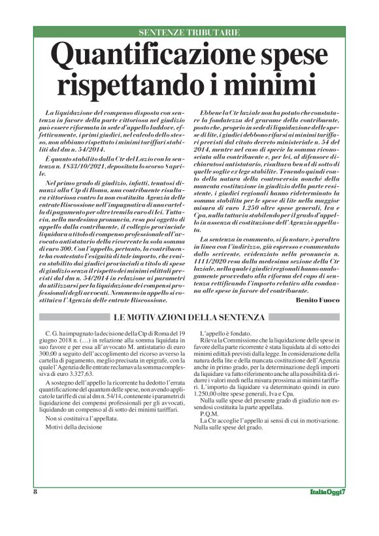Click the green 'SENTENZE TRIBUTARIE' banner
[x=189, y=31]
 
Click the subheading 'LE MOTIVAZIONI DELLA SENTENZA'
[x=189, y=317]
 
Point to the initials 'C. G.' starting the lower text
[x=48, y=333]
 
